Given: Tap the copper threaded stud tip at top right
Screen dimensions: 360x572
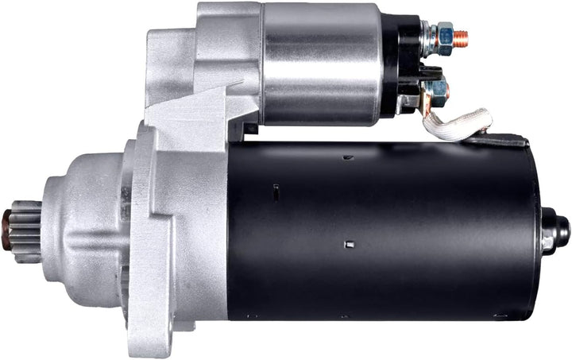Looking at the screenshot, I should [x=462, y=37].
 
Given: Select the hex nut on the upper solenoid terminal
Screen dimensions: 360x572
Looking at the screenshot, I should [x=443, y=36].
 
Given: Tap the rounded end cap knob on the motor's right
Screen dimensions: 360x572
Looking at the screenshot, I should [x=557, y=231].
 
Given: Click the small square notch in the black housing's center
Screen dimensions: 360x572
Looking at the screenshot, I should [x=348, y=243].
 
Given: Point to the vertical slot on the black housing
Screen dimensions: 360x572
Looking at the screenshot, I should [x=275, y=192].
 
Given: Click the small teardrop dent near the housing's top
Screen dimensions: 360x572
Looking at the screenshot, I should [x=347, y=157].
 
